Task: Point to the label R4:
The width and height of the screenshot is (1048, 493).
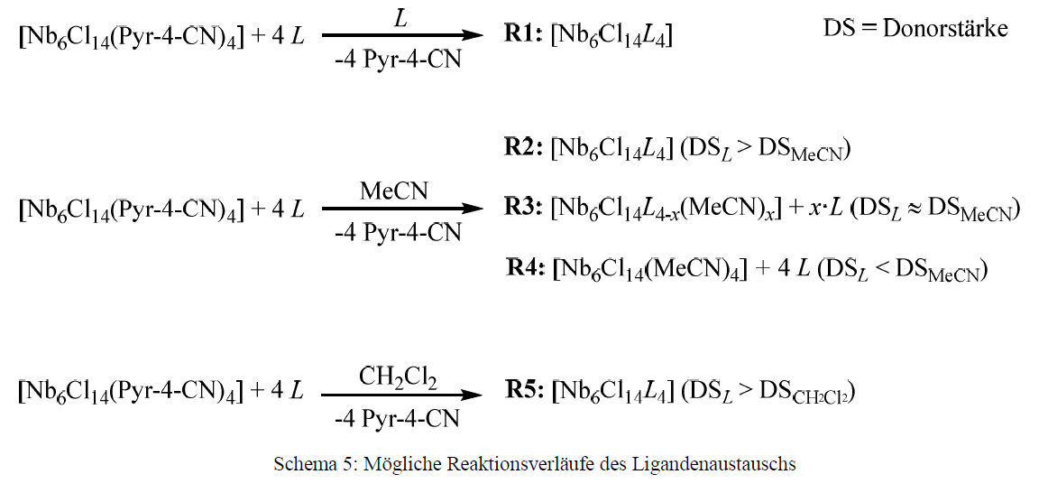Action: (x=527, y=269)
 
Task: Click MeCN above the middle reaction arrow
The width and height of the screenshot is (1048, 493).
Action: (x=394, y=191)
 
